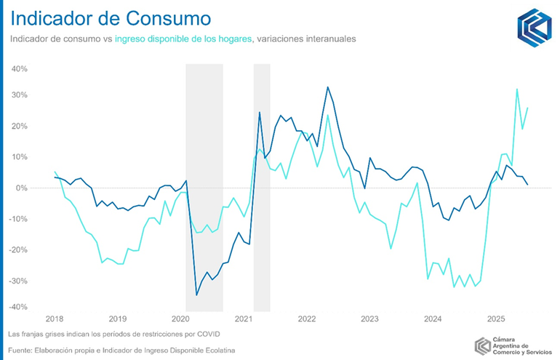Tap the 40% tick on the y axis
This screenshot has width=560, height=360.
point(18,69)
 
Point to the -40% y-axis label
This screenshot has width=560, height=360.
point(17,306)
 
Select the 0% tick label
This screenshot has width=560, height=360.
point(21,188)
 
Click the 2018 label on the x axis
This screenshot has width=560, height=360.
point(54,319)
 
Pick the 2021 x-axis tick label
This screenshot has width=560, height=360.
point(244,319)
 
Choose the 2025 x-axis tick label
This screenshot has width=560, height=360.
point(497,319)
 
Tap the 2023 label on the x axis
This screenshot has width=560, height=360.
point(370,319)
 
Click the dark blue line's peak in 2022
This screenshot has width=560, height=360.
point(327,87)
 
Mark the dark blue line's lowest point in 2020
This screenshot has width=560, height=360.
point(196,295)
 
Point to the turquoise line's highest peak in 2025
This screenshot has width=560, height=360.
point(517,89)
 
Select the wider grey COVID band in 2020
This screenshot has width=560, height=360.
point(204,182)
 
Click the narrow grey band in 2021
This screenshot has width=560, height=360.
point(262,182)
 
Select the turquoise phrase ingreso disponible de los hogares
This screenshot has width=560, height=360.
point(183,39)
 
